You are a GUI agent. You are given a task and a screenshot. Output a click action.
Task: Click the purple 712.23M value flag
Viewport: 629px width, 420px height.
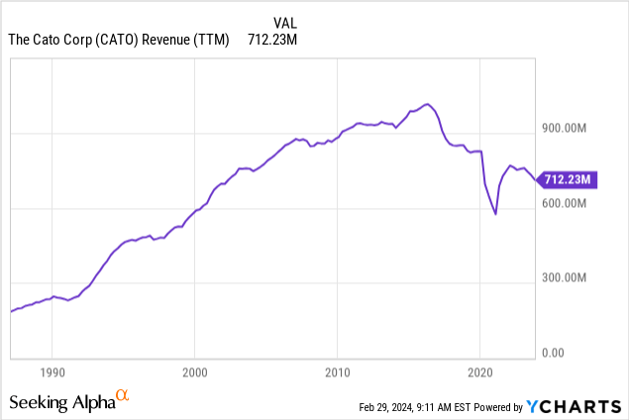click(569, 179)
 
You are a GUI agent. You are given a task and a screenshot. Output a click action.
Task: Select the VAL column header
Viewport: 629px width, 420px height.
click(284, 21)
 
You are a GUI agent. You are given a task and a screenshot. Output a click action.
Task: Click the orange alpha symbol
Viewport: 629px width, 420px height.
click(123, 396)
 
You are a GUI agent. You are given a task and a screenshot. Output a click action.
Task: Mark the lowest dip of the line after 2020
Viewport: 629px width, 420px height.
click(495, 214)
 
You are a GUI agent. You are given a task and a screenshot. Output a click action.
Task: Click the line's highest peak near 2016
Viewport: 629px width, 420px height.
click(426, 104)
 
